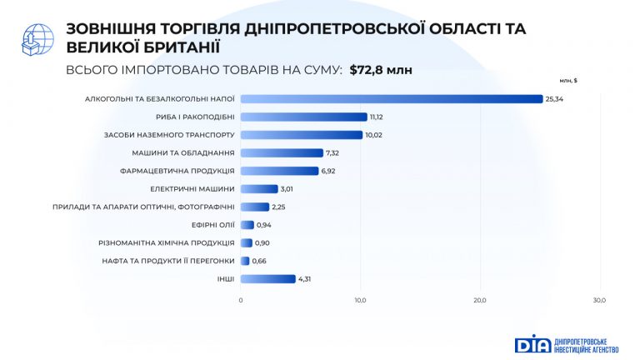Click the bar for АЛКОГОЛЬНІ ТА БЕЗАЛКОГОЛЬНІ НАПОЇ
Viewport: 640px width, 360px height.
coord(392,99)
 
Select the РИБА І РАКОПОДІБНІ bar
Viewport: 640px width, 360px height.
coord(304,117)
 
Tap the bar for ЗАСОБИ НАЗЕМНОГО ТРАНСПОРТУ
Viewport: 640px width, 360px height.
coord(301,135)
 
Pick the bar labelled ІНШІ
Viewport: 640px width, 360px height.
coord(267,279)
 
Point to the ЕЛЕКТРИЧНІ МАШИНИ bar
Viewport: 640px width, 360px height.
coord(259,189)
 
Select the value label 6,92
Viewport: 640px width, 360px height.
coord(332,171)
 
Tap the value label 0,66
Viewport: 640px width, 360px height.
coord(261,261)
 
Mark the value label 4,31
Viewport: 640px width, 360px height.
coord(307,279)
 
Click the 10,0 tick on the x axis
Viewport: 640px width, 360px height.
coord(360,300)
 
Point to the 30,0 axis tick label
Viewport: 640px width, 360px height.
coord(599,300)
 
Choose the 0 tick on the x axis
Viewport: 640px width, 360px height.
coord(241,300)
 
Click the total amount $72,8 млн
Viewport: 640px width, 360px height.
coord(381,70)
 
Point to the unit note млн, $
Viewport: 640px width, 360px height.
coord(569,81)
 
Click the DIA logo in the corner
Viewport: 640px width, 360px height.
coord(567,343)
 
